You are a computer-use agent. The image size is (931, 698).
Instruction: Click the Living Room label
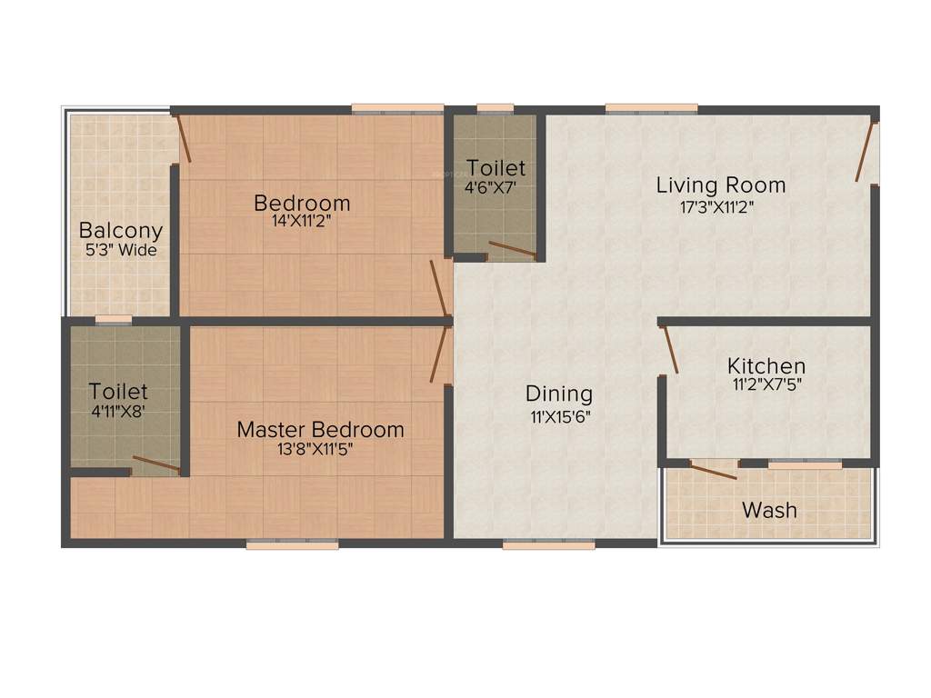[721, 185]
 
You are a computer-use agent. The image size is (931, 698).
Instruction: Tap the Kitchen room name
[766, 365]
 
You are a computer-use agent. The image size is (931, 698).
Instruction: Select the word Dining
[559, 394]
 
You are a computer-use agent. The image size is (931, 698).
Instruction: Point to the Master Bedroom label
[320, 429]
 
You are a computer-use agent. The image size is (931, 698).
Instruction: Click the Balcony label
[120, 231]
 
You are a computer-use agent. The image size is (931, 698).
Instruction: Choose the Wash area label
[769, 510]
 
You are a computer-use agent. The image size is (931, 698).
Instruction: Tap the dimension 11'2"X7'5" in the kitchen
[766, 384]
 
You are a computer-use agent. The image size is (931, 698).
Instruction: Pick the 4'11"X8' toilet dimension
[118, 410]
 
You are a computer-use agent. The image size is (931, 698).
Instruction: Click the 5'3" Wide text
[121, 250]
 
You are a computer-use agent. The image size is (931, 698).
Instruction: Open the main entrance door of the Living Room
[865, 150]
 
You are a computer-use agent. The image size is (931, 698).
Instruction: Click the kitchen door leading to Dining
[670, 349]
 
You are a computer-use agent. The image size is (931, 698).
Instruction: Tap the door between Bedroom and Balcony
[184, 138]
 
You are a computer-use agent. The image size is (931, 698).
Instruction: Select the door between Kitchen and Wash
[713, 470]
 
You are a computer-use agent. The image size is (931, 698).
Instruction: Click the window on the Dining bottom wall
[548, 544]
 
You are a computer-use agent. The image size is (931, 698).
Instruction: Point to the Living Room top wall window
[652, 109]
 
